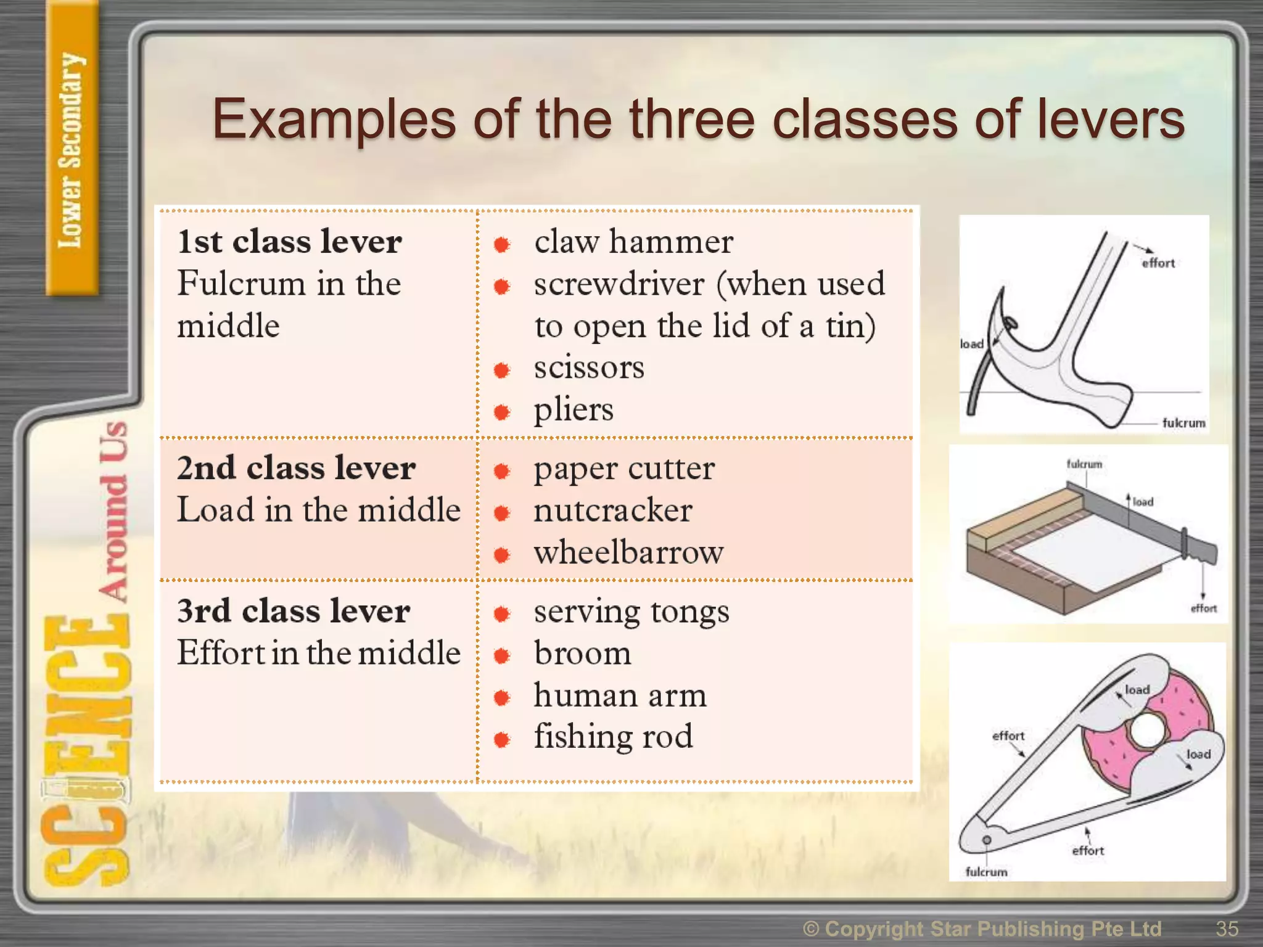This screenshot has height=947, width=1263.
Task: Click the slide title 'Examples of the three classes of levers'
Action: point(697,120)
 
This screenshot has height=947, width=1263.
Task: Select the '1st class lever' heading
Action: point(289,242)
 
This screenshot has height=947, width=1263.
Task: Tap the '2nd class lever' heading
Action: point(296,468)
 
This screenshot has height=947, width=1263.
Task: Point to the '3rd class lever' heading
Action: point(294,611)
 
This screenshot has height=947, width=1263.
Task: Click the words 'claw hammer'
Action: point(633,242)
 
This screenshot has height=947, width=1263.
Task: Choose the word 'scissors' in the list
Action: point(589,368)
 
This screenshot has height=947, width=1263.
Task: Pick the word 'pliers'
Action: point(574,410)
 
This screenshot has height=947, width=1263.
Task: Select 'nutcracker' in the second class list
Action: point(613,510)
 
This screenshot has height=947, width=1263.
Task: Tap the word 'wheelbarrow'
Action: point(628,552)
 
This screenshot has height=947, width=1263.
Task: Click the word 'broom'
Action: point(583,654)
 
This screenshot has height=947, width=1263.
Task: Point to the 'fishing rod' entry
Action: point(613,736)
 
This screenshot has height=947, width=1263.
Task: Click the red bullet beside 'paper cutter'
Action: point(502,472)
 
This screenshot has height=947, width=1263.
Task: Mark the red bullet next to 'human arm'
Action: point(502,698)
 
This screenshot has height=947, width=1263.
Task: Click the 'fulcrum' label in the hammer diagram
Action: point(1183,423)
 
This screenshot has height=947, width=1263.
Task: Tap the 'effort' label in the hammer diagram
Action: point(1158,263)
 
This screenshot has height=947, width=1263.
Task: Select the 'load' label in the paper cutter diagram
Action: point(1142,502)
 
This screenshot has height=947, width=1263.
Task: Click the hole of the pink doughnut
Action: point(1147,730)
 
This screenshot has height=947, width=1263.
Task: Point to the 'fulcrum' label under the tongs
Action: point(986,872)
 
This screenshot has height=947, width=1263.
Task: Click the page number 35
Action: point(1227,929)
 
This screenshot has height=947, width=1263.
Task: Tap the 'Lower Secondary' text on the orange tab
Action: point(70,150)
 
